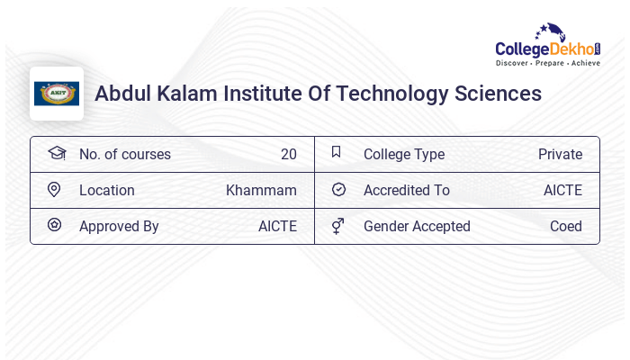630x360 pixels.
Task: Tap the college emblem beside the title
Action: tap(57, 94)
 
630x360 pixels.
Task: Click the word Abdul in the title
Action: tap(121, 94)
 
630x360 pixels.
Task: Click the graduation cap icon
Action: tap(56, 153)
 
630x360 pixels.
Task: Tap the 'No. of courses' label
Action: tap(124, 155)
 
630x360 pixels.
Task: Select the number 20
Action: tap(288, 155)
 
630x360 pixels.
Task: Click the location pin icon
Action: tap(54, 190)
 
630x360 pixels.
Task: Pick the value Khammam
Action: tap(261, 191)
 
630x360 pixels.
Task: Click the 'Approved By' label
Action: tap(119, 227)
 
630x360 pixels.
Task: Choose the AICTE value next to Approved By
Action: tap(277, 227)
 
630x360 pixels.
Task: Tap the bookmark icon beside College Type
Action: tap(336, 152)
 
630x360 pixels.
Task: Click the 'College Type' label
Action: tap(404, 155)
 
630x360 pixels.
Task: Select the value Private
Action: tap(560, 155)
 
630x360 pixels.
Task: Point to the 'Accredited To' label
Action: tap(407, 191)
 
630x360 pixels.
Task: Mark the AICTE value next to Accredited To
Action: tap(562, 191)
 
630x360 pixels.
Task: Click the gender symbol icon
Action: tap(337, 226)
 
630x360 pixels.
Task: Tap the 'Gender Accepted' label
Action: tap(417, 227)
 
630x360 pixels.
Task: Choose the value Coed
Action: tap(566, 227)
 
